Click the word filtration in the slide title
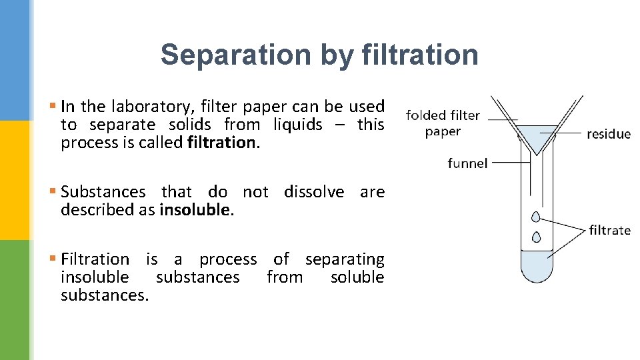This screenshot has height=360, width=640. click(420, 55)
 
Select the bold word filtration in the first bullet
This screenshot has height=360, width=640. click(222, 143)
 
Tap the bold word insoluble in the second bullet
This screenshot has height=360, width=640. click(195, 210)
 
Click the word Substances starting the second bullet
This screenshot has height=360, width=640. click(103, 192)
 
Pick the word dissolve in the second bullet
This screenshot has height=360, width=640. click(314, 192)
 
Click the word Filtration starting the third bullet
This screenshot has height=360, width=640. click(95, 259)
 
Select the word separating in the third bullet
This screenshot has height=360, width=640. click(345, 259)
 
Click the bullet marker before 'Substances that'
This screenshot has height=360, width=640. click(53, 192)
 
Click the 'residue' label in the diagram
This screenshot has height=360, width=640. click(608, 134)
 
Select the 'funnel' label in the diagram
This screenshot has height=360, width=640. click(467, 163)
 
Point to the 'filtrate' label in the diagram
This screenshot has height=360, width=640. click(609, 230)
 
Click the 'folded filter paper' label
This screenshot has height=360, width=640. click(443, 123)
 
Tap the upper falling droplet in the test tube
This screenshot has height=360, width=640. click(536, 216)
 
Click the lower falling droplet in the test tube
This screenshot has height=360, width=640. click(536, 237)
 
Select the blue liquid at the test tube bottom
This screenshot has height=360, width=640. click(536, 266)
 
